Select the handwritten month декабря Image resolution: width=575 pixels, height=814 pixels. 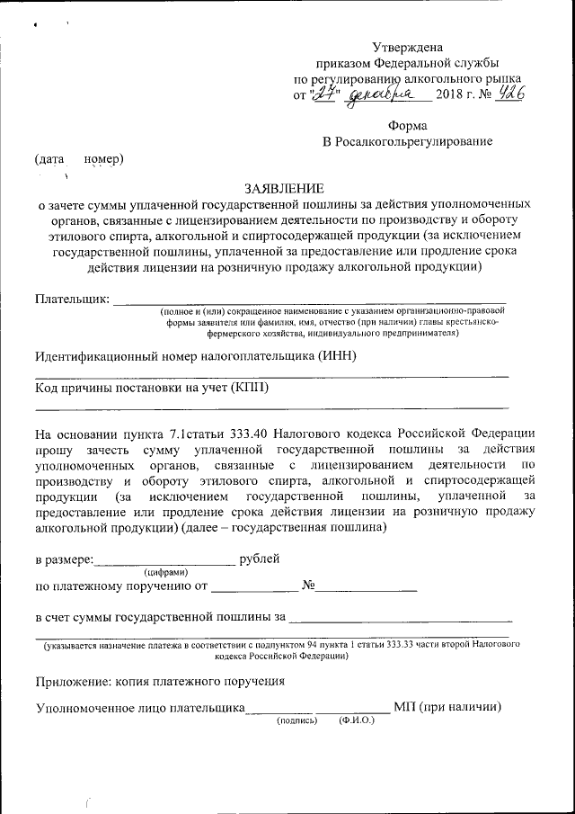pyautogui.click(x=381, y=94)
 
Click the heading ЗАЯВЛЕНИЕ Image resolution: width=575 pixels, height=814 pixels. pyautogui.click(x=283, y=188)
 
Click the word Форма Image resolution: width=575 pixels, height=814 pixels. pyautogui.click(x=408, y=125)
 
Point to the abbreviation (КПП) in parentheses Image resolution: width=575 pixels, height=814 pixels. pyautogui.click(x=249, y=388)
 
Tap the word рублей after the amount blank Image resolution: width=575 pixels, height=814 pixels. pyautogui.click(x=260, y=559)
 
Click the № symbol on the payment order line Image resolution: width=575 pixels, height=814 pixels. pyautogui.click(x=311, y=586)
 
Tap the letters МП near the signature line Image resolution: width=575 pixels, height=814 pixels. pyautogui.click(x=404, y=706)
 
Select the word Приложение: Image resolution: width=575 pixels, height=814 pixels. pyautogui.click(x=74, y=682)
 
